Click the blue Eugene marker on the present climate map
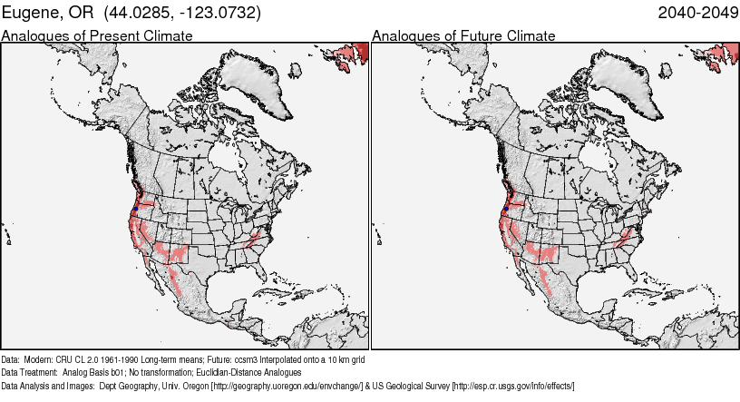pyautogui.click(x=135, y=210)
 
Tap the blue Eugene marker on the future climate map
pyautogui.click(x=505, y=210)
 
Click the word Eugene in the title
pyautogui.click(x=33, y=13)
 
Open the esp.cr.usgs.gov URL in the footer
pyautogui.click(x=513, y=386)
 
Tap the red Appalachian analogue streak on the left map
pyautogui.click(x=257, y=240)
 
